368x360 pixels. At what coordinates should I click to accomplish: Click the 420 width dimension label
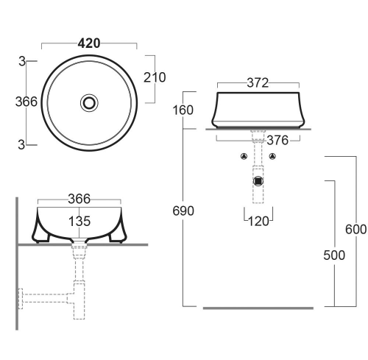tap(89, 43)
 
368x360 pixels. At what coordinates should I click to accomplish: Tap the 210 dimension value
tap(155, 77)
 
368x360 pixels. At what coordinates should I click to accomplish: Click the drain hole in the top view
tap(89, 102)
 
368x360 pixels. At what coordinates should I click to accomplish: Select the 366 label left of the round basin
tap(26, 102)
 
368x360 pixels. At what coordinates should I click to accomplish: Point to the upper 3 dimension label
tap(22, 61)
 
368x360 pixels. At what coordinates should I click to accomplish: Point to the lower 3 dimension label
tap(21, 145)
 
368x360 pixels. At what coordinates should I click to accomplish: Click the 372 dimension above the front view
tap(258, 83)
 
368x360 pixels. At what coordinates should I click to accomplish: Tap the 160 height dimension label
tap(183, 110)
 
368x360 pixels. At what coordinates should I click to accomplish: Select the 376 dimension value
tap(277, 141)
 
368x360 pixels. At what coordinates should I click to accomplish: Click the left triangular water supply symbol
tap(244, 156)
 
